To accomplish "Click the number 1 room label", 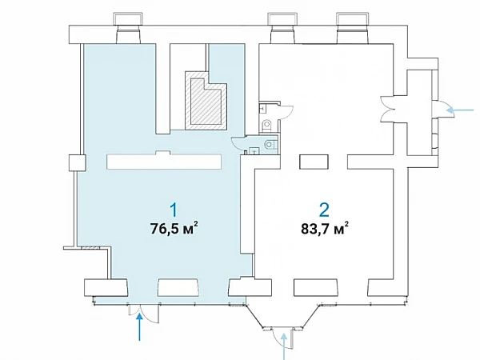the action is coord(174,211).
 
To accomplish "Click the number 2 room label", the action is coord(324,210).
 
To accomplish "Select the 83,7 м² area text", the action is coord(325,228).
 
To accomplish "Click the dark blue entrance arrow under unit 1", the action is coord(139,327).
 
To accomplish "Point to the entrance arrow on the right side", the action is coord(461,110).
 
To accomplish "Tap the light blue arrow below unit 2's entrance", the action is coord(285,346).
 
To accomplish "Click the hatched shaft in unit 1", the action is coord(206,102).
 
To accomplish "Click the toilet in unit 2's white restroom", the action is coord(267,124).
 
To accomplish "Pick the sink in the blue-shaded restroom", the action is coord(254,151).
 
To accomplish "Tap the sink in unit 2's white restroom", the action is coord(262,108).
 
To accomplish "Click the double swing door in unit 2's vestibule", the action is coord(386,109).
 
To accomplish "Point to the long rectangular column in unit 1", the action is coord(164,161).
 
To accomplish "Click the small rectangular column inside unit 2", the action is coord(314,162).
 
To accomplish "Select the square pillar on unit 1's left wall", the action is coord(77,163).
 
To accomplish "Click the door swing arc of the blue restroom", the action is coord(238,143).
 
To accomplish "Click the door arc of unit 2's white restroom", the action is coord(286,112).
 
